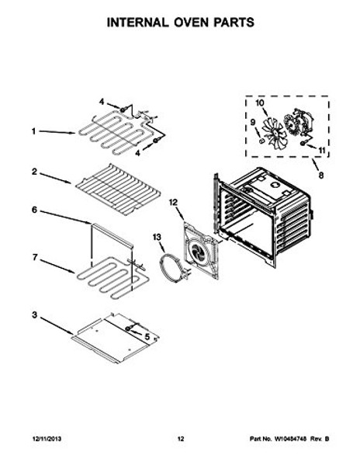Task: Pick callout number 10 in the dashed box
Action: [261, 103]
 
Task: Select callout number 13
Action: [156, 237]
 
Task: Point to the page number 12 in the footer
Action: [179, 440]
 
